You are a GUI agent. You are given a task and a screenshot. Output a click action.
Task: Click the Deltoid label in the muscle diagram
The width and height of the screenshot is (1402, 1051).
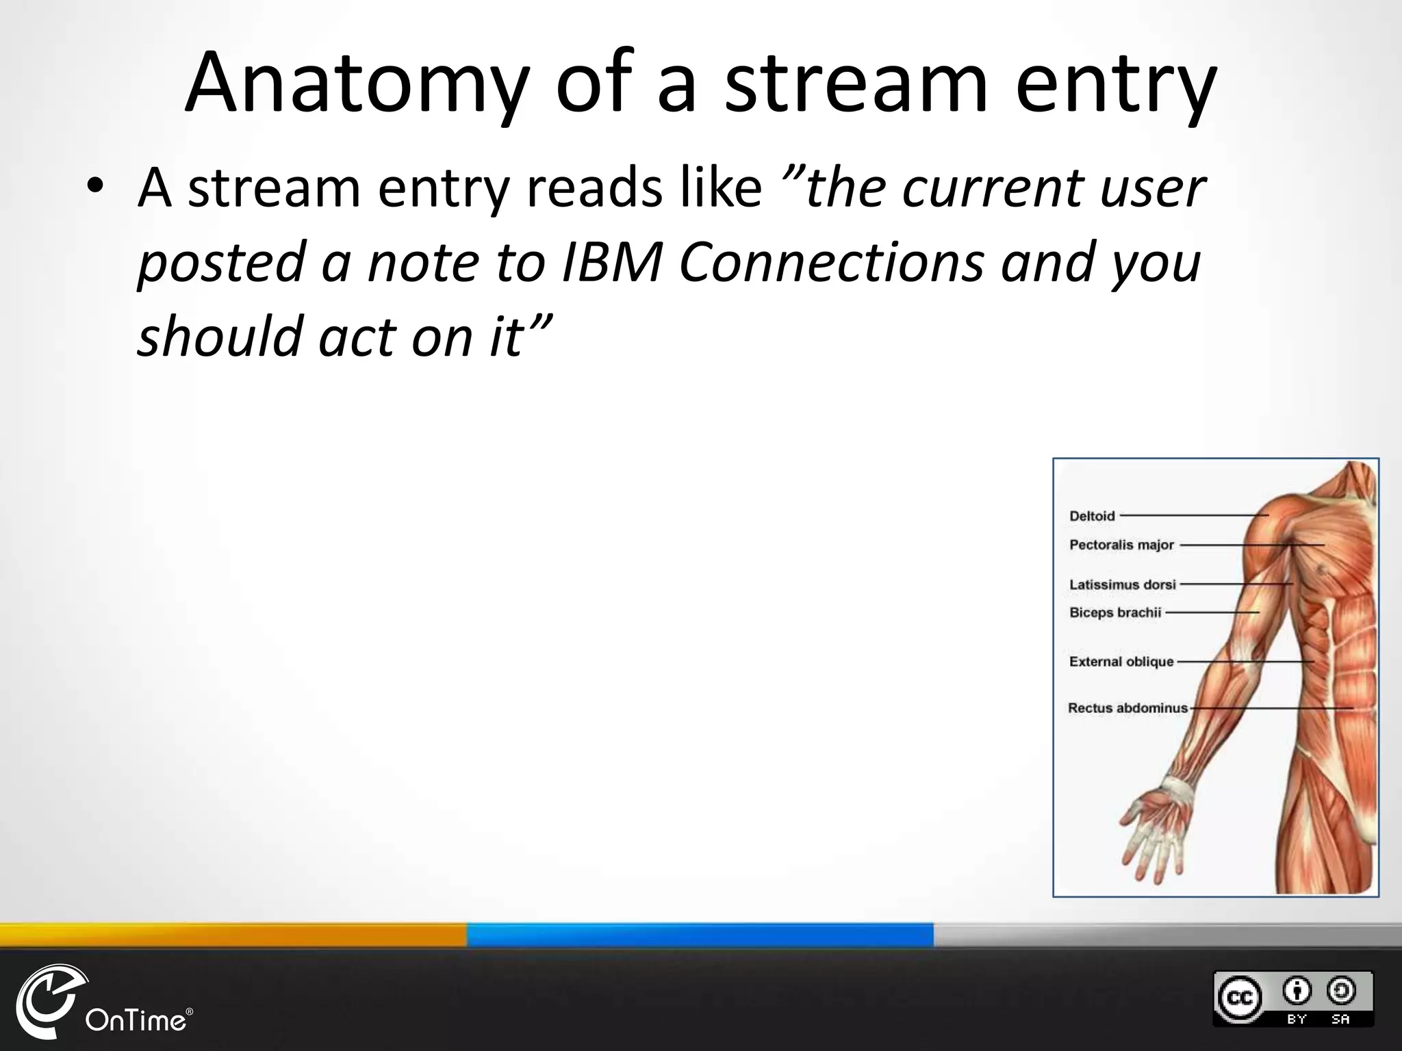(x=1092, y=516)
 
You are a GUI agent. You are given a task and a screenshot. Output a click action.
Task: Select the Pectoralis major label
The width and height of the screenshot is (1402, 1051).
(x=1121, y=545)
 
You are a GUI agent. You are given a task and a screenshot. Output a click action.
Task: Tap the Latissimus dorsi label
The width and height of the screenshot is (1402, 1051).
(x=1122, y=584)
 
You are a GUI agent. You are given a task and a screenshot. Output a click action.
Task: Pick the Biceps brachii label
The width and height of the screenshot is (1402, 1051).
(x=1115, y=612)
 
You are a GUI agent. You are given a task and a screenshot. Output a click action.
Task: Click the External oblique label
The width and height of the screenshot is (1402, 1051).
(x=1121, y=662)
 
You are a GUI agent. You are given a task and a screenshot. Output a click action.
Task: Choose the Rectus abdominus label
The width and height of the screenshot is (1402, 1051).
(x=1127, y=708)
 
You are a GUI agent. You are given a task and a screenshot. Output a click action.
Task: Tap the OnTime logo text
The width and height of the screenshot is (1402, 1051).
(x=136, y=1021)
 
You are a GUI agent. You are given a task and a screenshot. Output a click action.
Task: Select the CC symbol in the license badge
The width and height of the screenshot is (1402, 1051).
(x=1238, y=997)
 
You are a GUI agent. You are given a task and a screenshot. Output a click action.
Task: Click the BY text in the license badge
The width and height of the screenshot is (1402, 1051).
(x=1297, y=1019)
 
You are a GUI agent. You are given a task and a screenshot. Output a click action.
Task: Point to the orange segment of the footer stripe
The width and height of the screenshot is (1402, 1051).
(x=233, y=935)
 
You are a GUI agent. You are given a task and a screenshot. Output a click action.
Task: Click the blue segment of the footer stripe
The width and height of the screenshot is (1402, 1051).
(x=700, y=935)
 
